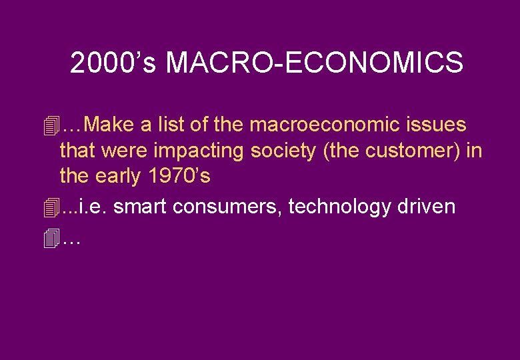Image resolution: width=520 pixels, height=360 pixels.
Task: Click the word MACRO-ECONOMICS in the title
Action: point(314,63)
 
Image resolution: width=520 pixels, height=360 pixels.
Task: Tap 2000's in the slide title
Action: point(114,63)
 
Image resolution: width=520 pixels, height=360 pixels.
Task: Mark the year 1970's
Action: point(180,177)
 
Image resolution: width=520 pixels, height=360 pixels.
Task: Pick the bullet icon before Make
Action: point(49,125)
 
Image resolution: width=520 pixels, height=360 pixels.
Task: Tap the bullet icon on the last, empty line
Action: point(49,238)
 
